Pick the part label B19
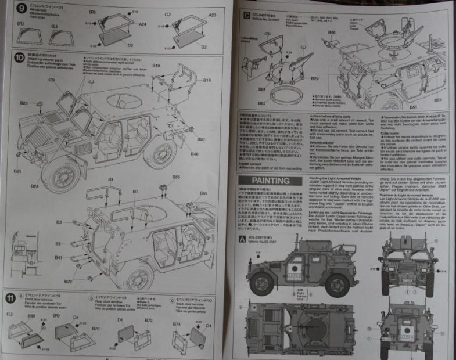tap(156, 66)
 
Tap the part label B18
tap(207, 80)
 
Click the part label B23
tap(23, 103)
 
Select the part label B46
tap(195, 154)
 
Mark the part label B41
tap(59, 257)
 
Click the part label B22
tap(68, 282)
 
